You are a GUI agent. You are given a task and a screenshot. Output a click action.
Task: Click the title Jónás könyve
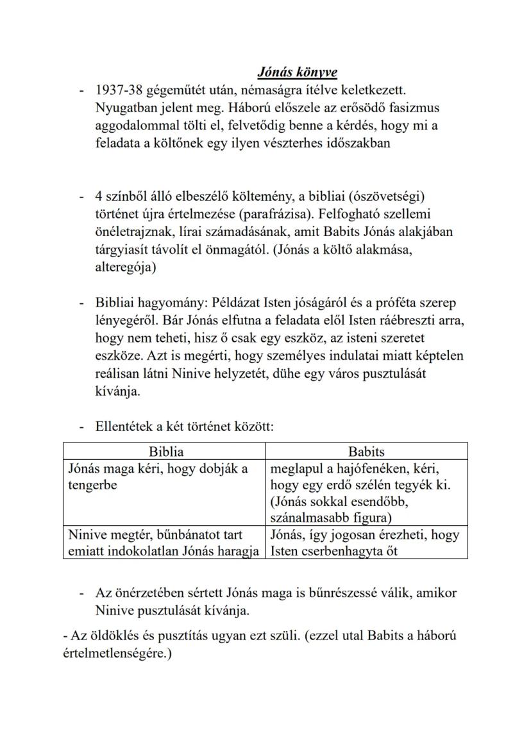click(x=297, y=72)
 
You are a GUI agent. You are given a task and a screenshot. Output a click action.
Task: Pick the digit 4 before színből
click(x=99, y=196)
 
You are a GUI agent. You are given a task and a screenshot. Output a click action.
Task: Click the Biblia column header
click(x=165, y=451)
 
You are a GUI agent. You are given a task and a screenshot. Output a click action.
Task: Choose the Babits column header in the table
click(x=366, y=451)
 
